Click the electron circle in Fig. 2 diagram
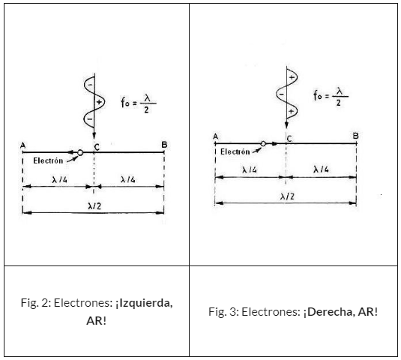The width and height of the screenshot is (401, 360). click(x=80, y=152)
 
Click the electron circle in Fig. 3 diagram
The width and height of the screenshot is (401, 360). click(x=263, y=144)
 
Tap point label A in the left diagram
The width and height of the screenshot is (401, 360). click(x=22, y=145)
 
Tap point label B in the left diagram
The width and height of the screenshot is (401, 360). click(x=164, y=145)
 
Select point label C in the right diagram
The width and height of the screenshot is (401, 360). click(x=289, y=139)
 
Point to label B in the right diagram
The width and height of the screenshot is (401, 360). click(x=355, y=136)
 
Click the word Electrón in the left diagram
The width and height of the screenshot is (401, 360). click(x=48, y=160)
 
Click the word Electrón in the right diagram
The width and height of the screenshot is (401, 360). click(x=235, y=151)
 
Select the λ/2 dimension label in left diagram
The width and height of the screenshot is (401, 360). click(x=94, y=206)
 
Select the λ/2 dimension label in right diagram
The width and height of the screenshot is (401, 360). click(x=287, y=196)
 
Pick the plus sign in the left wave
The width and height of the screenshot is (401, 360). click(x=99, y=102)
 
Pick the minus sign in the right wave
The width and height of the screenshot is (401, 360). click(x=281, y=94)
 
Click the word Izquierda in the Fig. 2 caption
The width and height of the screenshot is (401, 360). click(x=145, y=303)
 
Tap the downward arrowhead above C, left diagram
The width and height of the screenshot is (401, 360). click(x=94, y=136)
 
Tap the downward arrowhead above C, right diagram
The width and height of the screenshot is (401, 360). click(x=286, y=125)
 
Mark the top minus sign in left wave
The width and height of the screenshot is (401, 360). click(x=90, y=85)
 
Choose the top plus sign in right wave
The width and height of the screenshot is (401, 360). click(x=292, y=77)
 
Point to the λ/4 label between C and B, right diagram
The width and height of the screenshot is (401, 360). click(x=321, y=169)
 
